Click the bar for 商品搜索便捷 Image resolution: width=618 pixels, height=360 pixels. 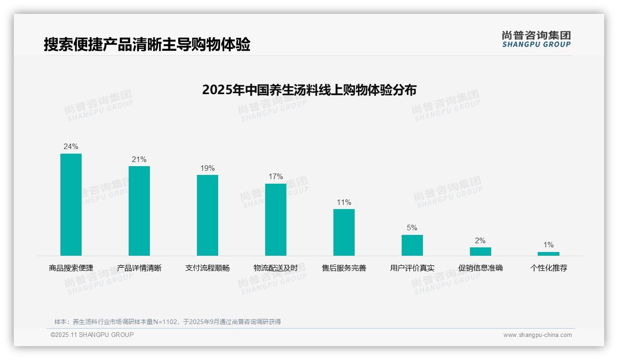(x=71, y=204)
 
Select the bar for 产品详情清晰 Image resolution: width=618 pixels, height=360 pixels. (x=139, y=211)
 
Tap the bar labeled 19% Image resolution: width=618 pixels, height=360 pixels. (x=208, y=215)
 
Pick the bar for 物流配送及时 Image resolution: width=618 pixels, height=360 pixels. (x=276, y=220)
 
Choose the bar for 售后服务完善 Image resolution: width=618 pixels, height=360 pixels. (x=344, y=232)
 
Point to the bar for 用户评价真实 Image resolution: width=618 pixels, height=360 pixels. (x=412, y=245)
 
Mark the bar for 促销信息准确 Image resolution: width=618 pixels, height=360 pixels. (x=481, y=252)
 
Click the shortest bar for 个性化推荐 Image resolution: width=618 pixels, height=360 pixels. (x=548, y=254)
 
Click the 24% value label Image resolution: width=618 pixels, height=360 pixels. (x=71, y=147)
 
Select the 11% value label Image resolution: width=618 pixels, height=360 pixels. (x=344, y=202)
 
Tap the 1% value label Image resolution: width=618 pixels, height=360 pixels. (x=548, y=245)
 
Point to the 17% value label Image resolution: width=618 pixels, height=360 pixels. (x=276, y=177)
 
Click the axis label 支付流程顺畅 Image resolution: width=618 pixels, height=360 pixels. (x=208, y=268)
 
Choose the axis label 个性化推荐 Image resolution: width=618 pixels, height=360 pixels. (x=548, y=268)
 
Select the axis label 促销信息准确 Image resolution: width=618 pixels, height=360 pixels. (x=481, y=268)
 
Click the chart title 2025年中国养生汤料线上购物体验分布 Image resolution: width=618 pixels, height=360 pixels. (x=309, y=90)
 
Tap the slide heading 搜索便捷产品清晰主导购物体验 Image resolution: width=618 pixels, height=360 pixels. (x=147, y=45)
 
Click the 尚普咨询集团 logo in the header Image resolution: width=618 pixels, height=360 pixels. (x=536, y=39)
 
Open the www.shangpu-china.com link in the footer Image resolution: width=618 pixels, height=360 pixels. (x=537, y=335)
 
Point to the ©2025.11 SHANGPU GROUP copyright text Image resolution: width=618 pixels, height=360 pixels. (x=92, y=335)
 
